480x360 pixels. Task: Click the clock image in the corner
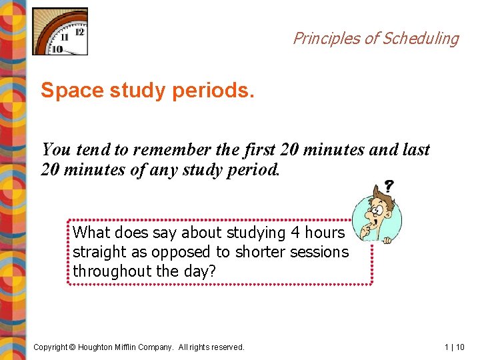pos(60,31)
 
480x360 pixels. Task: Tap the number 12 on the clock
pos(79,31)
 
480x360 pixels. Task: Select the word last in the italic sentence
pos(415,150)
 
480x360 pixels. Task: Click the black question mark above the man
pos(388,187)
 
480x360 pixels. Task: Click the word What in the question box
pos(92,233)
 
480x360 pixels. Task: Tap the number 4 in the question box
pos(295,233)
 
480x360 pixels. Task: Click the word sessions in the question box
pos(320,252)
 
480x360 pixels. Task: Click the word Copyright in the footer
pos(51,347)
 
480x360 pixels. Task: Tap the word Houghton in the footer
pos(100,347)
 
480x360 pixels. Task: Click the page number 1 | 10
pos(455,347)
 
